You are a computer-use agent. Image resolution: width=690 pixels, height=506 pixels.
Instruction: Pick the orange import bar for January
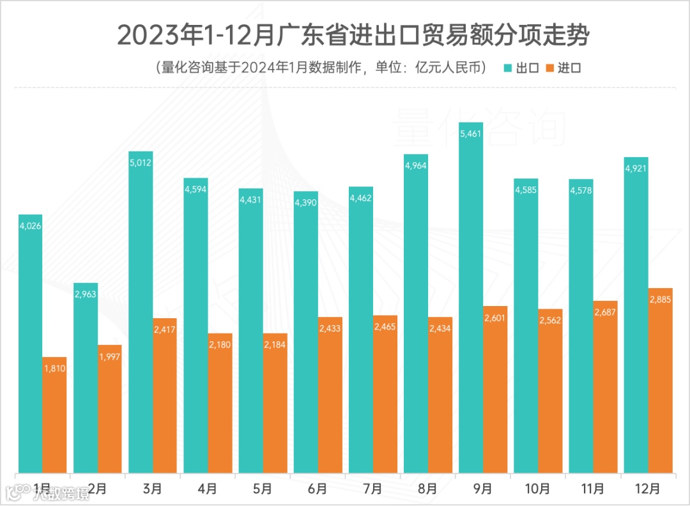coord(54,415)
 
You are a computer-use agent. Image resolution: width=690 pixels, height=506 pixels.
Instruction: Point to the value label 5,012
coord(141,163)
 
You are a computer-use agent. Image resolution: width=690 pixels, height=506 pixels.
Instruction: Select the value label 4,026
coord(31,226)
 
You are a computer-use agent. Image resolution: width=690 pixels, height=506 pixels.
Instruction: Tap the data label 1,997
coord(110,356)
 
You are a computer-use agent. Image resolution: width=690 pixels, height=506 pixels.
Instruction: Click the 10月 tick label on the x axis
coord(537,489)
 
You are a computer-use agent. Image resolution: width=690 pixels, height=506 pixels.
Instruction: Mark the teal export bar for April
coord(195,326)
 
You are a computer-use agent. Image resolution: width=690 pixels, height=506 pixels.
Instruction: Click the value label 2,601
coord(495,318)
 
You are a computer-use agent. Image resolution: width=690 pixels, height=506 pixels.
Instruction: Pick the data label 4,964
coord(416,166)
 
